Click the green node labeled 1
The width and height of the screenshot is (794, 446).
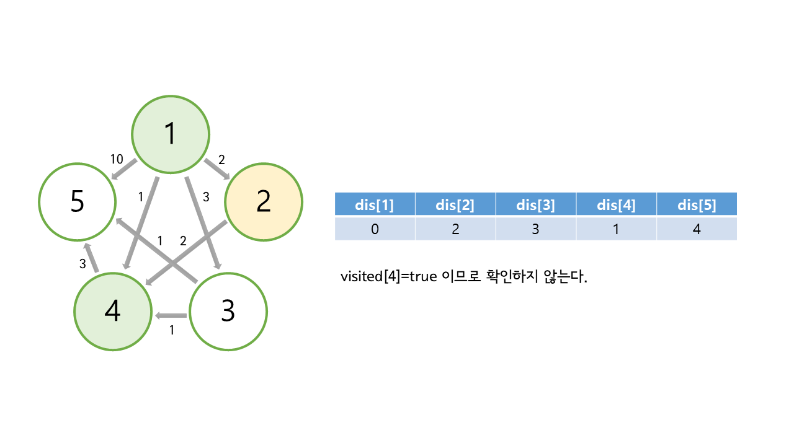[x=171, y=134]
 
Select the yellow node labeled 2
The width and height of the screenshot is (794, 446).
[x=264, y=201]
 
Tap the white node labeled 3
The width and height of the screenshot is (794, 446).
[x=228, y=312]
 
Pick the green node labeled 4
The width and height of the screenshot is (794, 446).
[x=112, y=312]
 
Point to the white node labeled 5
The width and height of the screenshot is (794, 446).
[x=77, y=202]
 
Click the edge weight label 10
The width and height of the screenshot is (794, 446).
[x=117, y=159]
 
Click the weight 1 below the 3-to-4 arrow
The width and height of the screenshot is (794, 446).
[x=172, y=331]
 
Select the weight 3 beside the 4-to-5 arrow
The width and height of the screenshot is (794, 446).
[x=82, y=264]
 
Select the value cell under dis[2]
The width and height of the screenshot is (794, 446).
[x=455, y=229]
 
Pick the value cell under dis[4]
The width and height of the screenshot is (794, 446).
[x=616, y=229]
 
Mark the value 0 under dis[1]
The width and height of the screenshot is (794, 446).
[x=375, y=229]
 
